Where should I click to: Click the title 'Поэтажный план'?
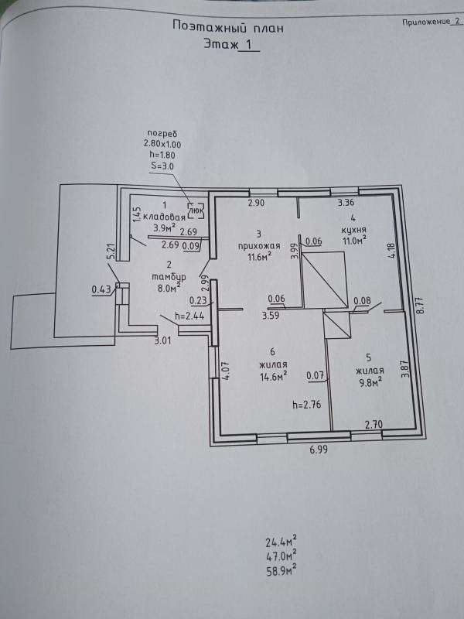[228, 27]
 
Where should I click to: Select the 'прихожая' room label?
[258, 246]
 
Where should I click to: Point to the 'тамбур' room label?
[169, 277]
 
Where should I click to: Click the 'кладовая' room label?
[164, 217]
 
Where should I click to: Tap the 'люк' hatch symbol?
[196, 210]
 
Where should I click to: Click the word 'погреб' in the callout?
[162, 134]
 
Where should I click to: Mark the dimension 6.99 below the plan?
[319, 450]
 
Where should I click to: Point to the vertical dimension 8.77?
[421, 305]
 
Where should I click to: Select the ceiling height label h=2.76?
[306, 404]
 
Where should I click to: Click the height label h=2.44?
[189, 316]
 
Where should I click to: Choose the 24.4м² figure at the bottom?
[281, 540]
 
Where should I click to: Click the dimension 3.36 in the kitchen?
[346, 203]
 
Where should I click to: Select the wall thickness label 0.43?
[102, 290]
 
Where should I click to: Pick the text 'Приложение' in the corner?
[426, 22]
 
